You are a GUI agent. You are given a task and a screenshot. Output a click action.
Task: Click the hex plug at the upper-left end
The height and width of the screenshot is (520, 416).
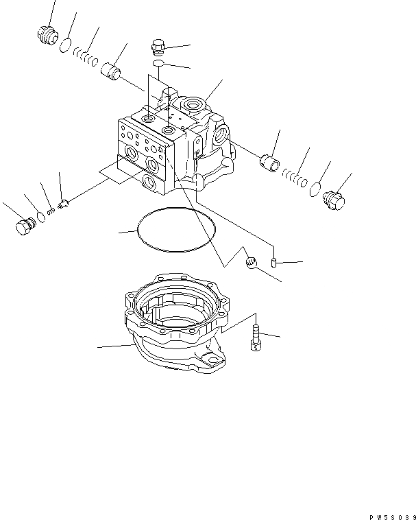[47, 35]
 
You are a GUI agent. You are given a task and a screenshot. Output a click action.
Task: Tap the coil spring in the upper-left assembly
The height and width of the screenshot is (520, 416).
[83, 57]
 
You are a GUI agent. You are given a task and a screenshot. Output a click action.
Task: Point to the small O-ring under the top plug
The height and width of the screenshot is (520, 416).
[158, 64]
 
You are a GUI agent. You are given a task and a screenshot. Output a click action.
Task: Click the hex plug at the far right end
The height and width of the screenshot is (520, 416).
[335, 201]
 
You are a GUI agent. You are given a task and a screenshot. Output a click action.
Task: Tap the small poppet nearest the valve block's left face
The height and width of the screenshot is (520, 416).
[62, 204]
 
